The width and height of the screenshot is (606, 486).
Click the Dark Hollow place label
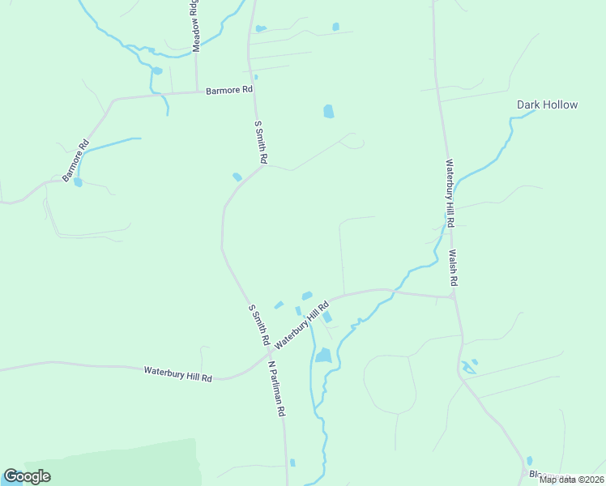548,104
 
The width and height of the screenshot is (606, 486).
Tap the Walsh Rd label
454,268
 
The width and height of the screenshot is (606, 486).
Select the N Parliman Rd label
277,389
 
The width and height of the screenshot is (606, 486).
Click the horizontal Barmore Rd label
229,90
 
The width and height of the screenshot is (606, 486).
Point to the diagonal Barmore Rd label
75,161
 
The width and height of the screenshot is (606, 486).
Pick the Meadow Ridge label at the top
194,27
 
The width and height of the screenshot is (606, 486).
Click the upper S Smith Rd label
260,143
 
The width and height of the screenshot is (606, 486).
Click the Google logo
27,476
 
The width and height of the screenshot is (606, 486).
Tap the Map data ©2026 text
570,480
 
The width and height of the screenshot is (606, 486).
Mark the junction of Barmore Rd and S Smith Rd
254,92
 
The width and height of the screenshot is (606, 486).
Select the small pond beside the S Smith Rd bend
237,177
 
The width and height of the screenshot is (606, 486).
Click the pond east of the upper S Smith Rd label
328,112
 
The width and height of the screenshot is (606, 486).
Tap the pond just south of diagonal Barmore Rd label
78,182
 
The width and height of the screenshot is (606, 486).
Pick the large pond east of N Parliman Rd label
323,355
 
